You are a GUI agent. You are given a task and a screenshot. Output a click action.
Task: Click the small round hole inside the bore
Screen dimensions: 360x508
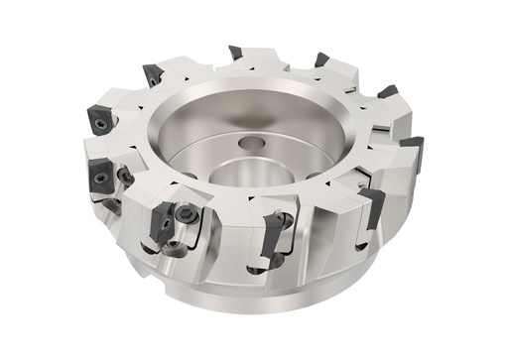point(252,145)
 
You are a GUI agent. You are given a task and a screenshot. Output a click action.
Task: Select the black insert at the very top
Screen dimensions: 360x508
point(235,53)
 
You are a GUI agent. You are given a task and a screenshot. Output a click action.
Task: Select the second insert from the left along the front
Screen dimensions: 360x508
point(100,180)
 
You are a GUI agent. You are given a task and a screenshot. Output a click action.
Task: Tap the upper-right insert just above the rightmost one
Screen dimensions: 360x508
point(388,92)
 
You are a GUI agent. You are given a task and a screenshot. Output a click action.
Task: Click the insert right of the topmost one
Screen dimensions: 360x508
point(322,60)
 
